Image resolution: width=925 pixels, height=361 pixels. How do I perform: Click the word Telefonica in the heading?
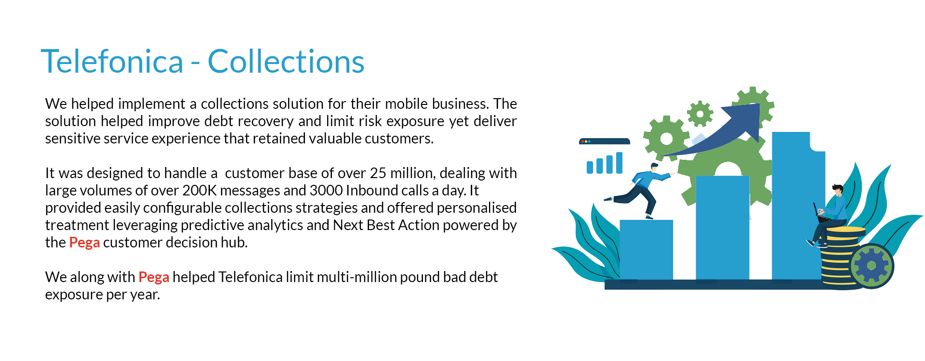tap(112, 62)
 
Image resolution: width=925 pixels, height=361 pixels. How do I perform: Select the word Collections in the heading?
tap(286, 62)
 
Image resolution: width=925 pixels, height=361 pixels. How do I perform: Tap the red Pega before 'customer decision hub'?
tap(84, 243)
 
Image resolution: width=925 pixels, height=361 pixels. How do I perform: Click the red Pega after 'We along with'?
tap(154, 277)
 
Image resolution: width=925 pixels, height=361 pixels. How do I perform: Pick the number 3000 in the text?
tap(326, 191)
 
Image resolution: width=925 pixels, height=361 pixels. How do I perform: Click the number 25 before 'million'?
tap(378, 173)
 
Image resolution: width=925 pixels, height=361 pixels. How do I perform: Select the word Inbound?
tap(372, 191)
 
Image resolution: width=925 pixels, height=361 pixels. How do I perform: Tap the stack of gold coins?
tap(841, 258)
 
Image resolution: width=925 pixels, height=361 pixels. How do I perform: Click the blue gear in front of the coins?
tap(872, 266)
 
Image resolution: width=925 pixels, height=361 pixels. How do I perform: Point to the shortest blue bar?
tap(646, 249)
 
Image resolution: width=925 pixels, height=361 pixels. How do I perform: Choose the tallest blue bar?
tap(798, 206)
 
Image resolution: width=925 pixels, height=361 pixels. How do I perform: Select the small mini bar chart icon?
tap(605, 163)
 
